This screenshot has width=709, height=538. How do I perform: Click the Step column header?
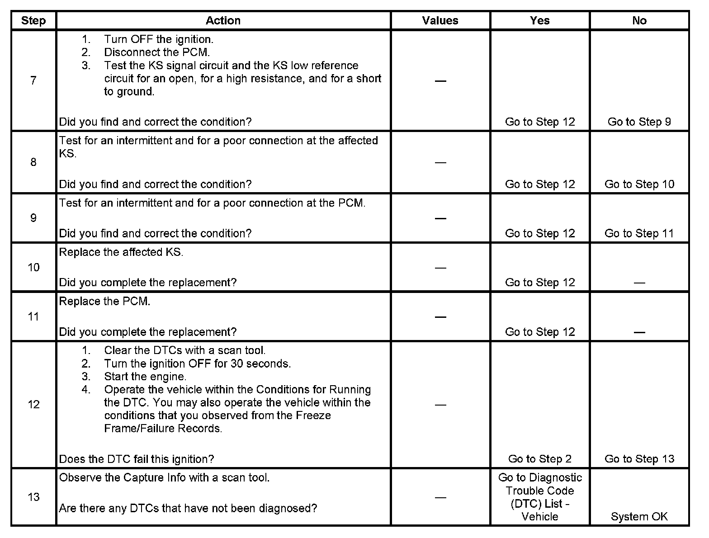coord(33,21)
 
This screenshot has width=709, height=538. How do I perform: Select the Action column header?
coord(223,21)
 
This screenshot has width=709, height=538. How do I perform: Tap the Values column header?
coord(440,21)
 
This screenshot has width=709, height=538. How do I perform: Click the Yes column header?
coord(539,21)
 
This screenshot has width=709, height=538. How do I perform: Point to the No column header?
coord(639,21)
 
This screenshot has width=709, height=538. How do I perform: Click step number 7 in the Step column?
coord(33,81)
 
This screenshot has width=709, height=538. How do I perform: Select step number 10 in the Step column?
coord(33,268)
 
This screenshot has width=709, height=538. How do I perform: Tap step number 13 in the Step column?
coord(33,497)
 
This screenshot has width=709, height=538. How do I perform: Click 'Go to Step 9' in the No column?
coord(639,122)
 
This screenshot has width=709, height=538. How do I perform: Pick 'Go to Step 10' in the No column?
coord(639,184)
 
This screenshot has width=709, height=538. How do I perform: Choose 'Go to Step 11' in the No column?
coord(639,234)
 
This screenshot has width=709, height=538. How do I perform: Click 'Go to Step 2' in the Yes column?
coord(539,459)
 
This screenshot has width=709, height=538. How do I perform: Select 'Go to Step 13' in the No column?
coord(639,459)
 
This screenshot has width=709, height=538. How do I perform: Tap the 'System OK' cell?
coord(639,517)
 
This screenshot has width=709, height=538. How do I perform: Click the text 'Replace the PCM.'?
coord(104,302)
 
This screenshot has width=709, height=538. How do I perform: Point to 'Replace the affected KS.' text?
coord(121,252)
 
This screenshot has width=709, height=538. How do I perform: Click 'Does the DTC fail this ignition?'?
coord(137,459)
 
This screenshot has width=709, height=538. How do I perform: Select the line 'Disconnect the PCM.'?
coord(157,52)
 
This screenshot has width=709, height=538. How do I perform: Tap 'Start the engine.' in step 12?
coord(145,377)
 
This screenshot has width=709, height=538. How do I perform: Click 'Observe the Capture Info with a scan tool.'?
coord(164,478)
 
